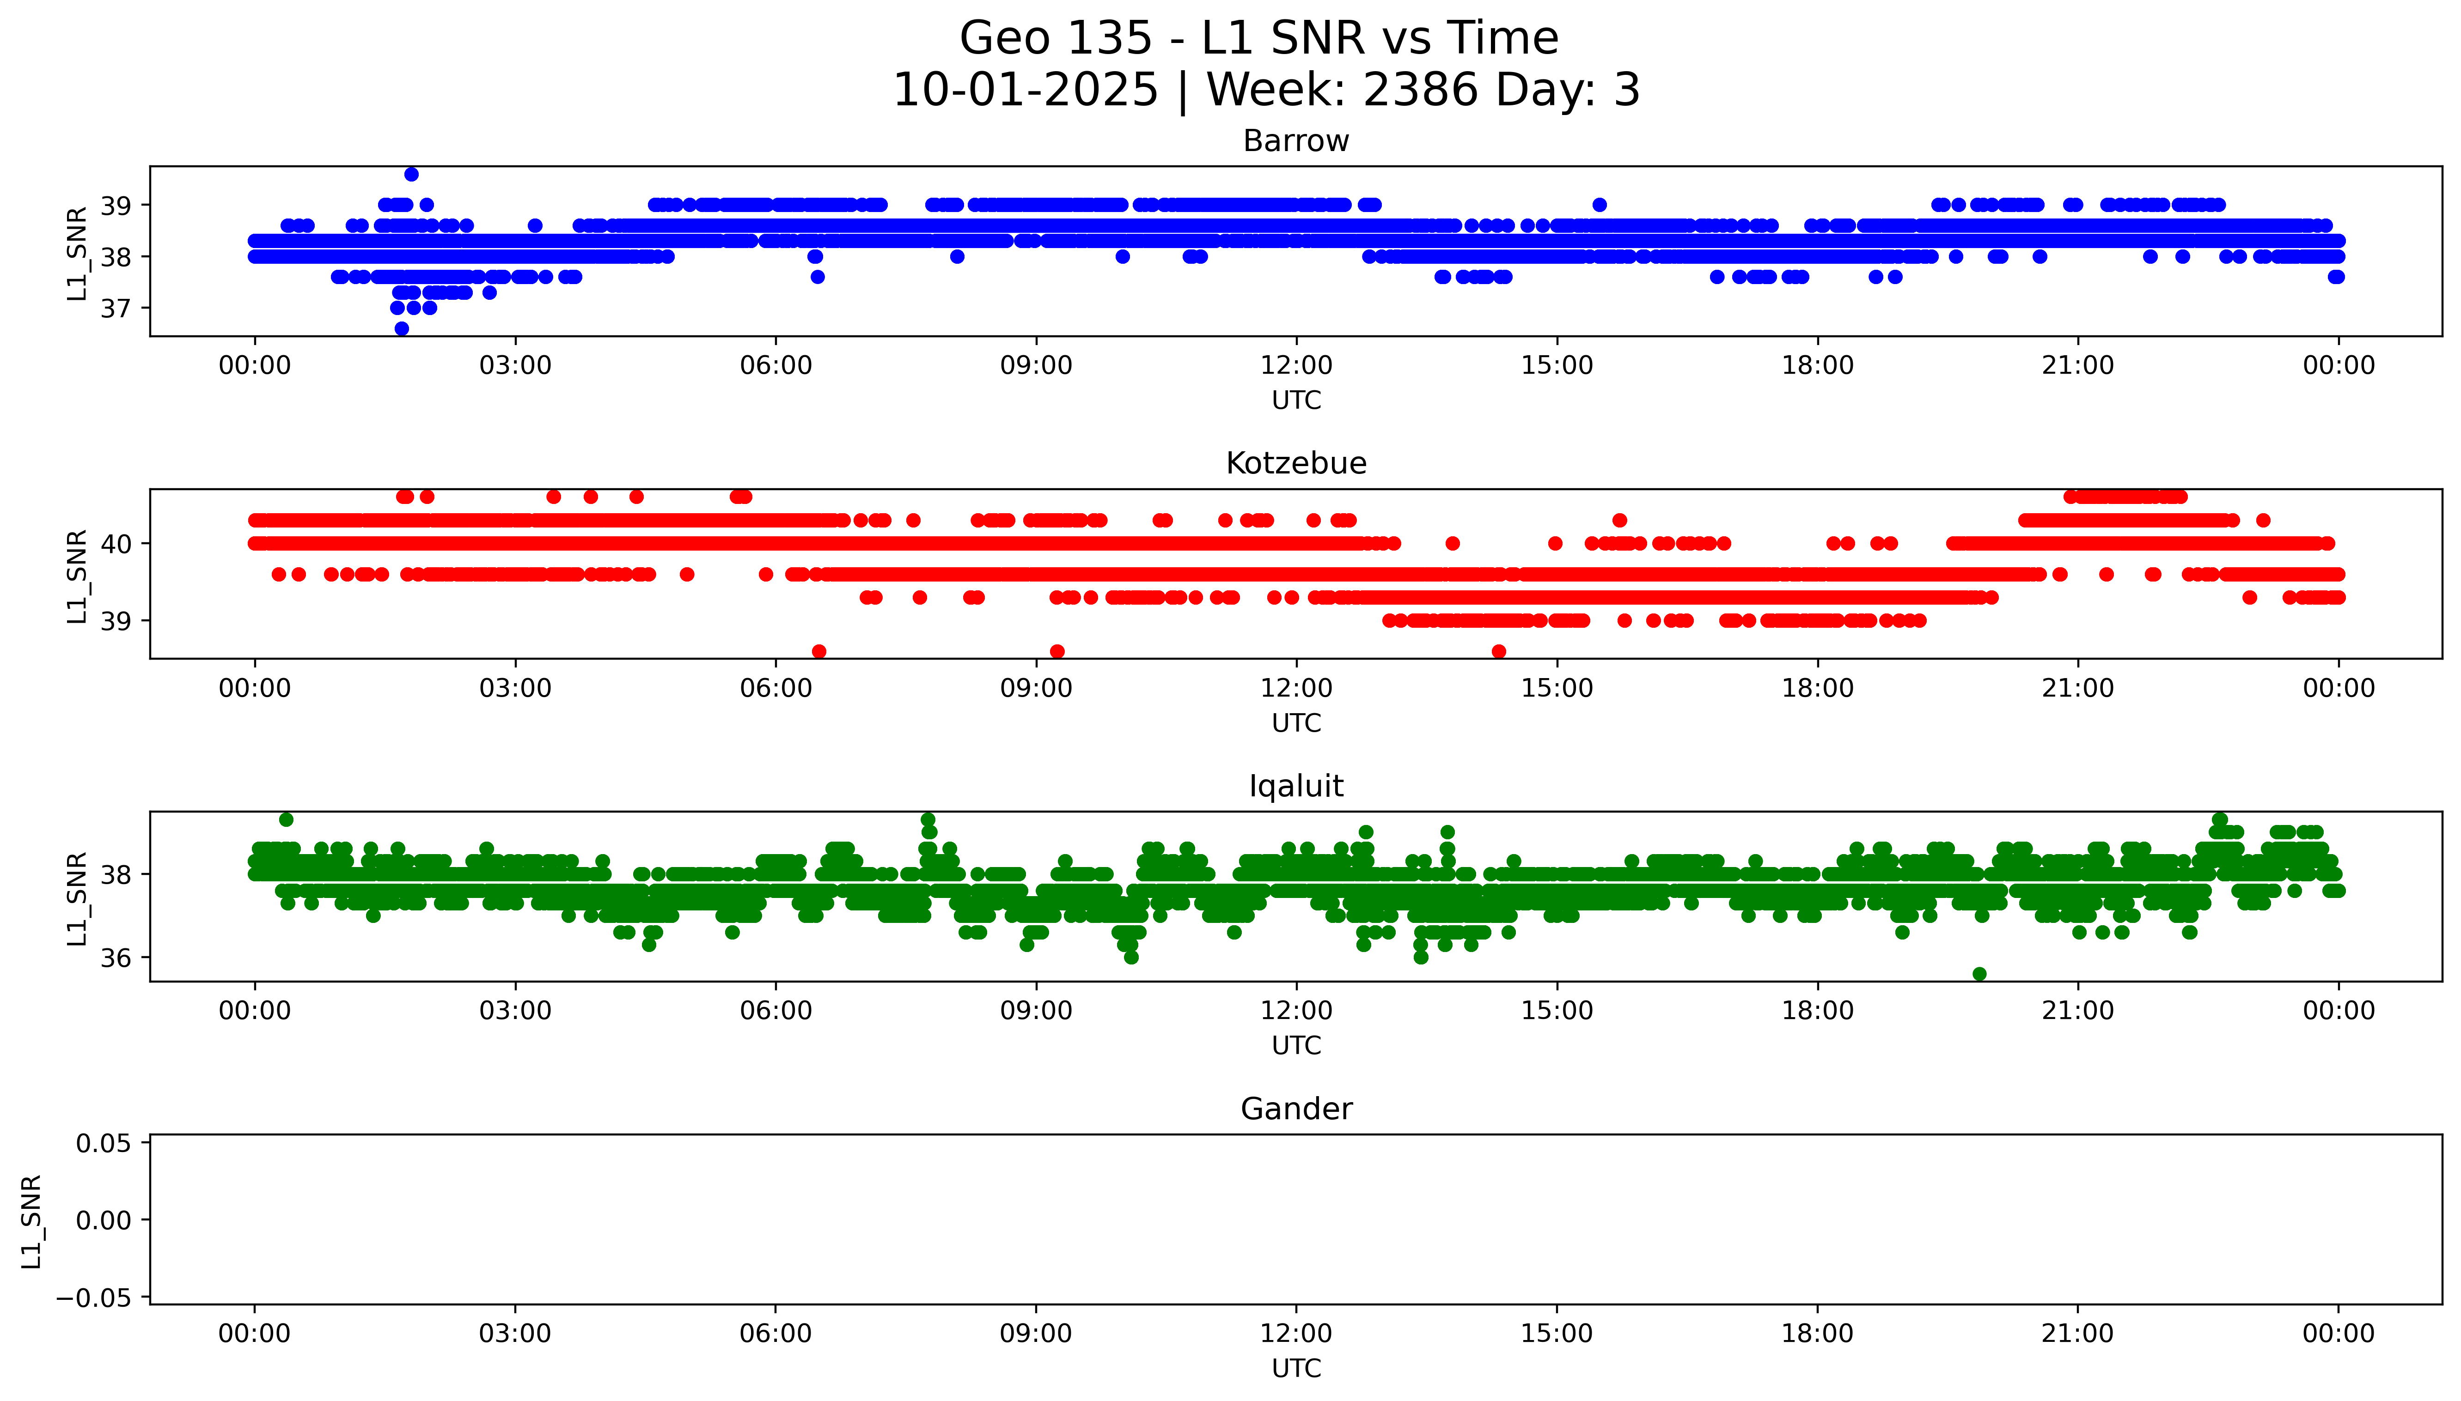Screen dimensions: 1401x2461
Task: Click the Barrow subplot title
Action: click(1295, 141)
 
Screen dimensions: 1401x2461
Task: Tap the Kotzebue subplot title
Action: click(1295, 464)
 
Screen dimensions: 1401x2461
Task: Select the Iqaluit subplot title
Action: click(1295, 786)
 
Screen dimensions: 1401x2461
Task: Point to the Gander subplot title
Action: click(1295, 1110)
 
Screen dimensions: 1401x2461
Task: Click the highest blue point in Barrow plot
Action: click(411, 174)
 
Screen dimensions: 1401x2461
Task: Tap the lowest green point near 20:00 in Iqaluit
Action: click(1979, 974)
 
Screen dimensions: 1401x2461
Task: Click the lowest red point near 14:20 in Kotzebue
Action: click(1498, 651)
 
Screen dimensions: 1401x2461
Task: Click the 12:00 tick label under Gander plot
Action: click(1295, 1334)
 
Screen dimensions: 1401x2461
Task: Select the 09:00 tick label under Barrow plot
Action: click(1036, 366)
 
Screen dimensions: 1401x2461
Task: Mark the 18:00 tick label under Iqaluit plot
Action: click(1817, 1011)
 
